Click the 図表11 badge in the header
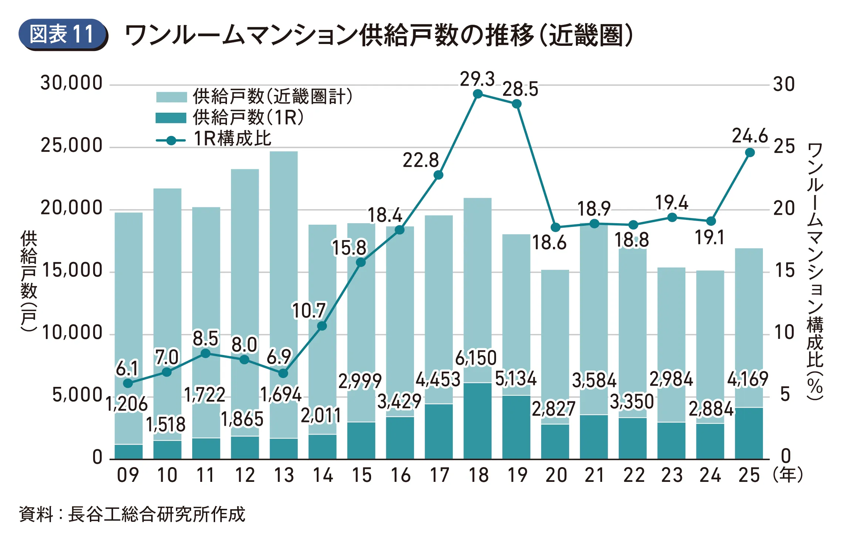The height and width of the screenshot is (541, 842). [62, 34]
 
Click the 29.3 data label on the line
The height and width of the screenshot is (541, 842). [477, 79]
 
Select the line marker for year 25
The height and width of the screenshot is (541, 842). [750, 153]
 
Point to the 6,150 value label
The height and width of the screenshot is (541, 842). [476, 358]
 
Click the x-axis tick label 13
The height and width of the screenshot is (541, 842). [284, 475]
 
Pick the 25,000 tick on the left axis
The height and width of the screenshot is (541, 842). [71, 146]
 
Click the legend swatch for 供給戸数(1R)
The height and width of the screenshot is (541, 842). [171, 118]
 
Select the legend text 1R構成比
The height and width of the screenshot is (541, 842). [233, 139]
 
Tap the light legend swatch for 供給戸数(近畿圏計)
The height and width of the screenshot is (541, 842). [171, 97]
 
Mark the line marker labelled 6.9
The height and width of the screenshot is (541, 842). [283, 373]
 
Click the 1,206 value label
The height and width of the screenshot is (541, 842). [127, 404]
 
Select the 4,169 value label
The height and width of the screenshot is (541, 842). [747, 379]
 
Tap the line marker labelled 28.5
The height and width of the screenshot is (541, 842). [517, 104]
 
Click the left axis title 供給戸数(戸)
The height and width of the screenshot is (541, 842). [28, 281]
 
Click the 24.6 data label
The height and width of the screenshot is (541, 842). [750, 136]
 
